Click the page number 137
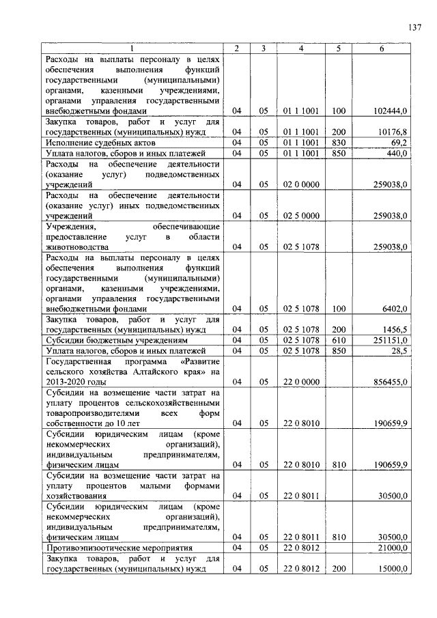coord(414,27)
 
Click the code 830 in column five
coord(339,143)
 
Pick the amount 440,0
coord(396,154)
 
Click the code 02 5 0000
coord(301,216)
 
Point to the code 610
coord(339,340)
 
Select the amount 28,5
coord(399,351)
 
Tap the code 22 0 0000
coord(301,382)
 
